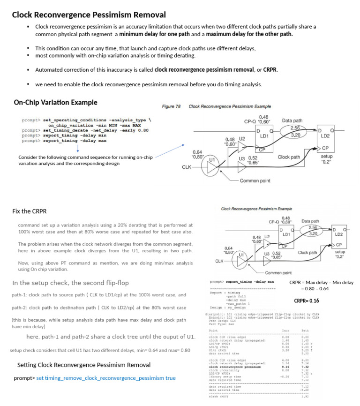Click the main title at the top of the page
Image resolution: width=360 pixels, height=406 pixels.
coord(89,15)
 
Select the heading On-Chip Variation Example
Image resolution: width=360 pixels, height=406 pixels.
coord(55,102)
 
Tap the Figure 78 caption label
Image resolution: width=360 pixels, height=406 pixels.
coord(171,106)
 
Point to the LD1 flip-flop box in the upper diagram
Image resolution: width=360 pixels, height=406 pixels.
coord(264,135)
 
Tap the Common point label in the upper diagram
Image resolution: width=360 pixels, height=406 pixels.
coord(255,180)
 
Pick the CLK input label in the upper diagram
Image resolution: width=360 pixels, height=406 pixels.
coord(187,167)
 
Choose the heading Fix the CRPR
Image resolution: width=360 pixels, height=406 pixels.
coord(29,211)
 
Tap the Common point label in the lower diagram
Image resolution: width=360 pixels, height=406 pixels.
coord(278,272)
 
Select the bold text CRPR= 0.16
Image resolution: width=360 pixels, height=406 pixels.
coord(306,301)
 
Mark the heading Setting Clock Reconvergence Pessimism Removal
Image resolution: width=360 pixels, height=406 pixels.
coord(84,365)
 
